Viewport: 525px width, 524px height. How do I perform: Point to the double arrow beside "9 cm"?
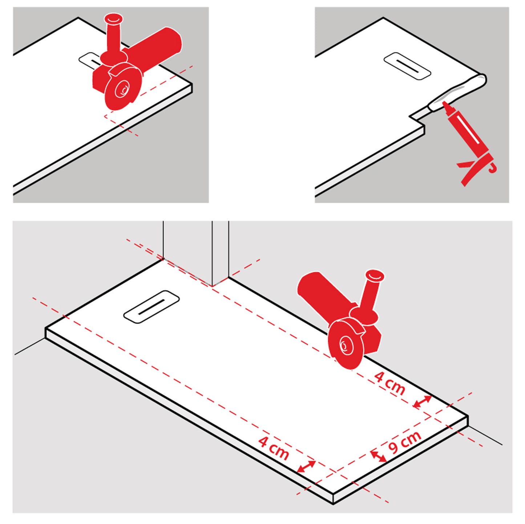pos(378,457)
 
